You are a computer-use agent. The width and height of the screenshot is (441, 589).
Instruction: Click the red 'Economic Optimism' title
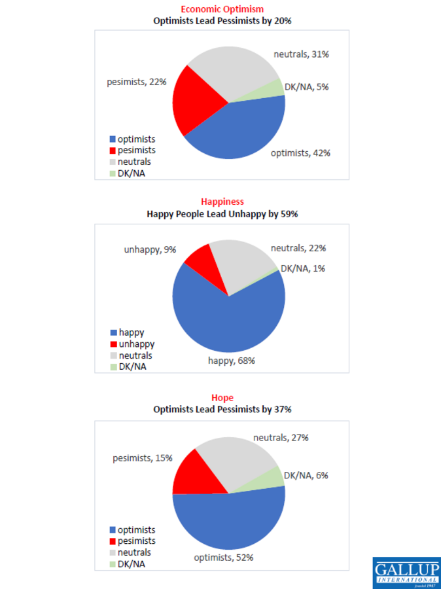point(222,9)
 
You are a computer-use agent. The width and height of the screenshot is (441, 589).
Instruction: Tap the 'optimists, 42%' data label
point(300,153)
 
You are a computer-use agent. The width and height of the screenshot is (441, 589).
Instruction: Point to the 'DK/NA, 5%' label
point(307,87)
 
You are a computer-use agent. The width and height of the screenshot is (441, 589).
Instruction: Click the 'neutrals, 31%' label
point(301,54)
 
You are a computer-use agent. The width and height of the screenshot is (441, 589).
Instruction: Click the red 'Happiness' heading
point(222,202)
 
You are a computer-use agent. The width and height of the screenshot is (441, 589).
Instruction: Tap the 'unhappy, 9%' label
point(150,249)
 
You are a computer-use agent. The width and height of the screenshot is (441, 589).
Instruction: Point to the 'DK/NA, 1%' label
point(303,268)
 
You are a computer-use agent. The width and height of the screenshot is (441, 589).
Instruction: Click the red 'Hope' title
point(222,397)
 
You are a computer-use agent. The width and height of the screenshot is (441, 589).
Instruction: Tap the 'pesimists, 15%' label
point(142,458)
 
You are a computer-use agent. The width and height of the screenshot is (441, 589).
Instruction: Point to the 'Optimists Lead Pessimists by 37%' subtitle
point(222,409)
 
